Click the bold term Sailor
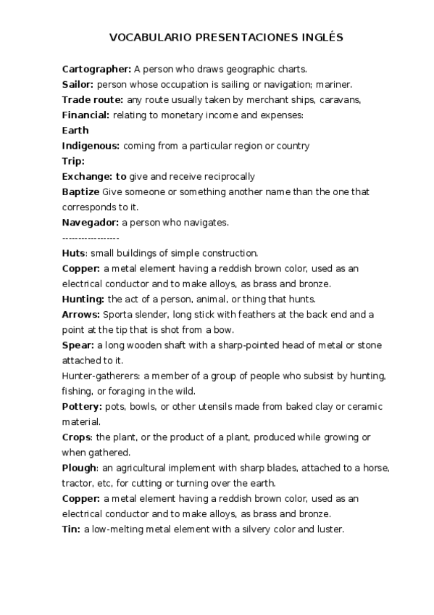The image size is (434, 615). click(78, 84)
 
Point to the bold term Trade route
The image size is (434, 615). click(92, 99)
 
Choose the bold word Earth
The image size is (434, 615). click(75, 131)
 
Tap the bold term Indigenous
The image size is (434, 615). click(91, 146)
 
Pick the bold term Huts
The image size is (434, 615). click(74, 253)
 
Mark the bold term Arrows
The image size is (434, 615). click(81, 314)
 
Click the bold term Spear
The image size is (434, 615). click(78, 344)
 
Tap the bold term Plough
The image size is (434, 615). click(79, 468)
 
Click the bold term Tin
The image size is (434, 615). click(71, 529)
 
